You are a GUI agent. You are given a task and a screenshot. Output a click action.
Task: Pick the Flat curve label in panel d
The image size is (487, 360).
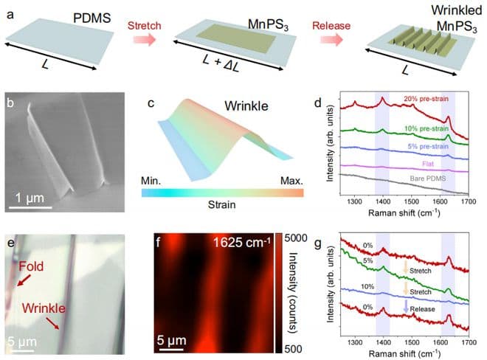click(430, 164)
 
